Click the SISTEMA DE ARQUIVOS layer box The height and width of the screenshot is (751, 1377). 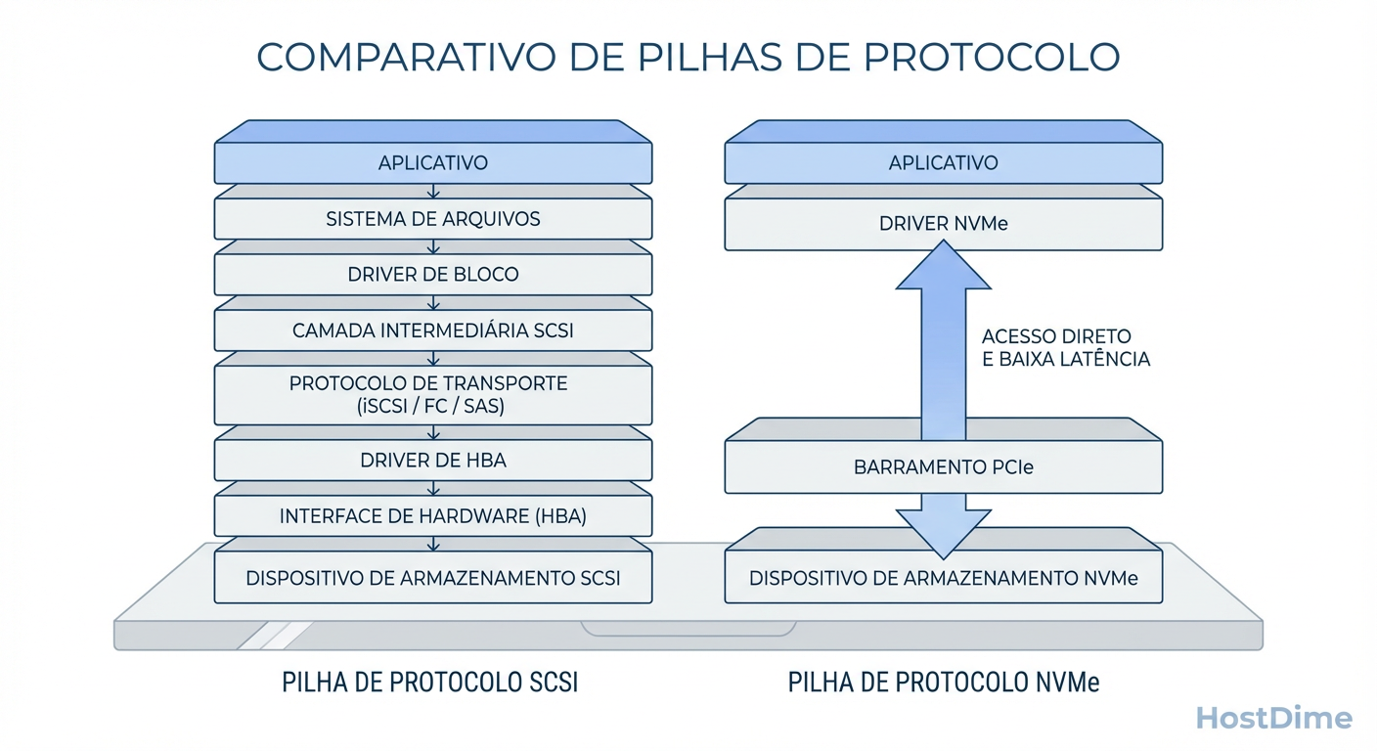click(x=432, y=219)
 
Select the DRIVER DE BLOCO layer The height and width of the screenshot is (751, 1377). click(x=432, y=275)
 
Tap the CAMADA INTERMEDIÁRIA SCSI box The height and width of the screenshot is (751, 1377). click(x=432, y=331)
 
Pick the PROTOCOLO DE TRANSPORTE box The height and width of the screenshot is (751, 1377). click(x=432, y=395)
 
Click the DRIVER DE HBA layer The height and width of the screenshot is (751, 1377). click(x=432, y=460)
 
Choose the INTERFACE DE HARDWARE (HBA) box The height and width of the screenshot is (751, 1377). click(x=432, y=516)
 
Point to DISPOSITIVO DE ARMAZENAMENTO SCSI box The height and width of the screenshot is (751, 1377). click(x=432, y=578)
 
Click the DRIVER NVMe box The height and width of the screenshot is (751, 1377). click(x=943, y=224)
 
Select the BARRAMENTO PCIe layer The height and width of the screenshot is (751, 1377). click(x=943, y=467)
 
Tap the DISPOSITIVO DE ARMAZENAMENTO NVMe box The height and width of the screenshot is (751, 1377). click(x=943, y=578)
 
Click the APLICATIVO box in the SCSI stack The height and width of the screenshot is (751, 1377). click(x=432, y=162)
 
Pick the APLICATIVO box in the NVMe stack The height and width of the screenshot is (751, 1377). click(x=943, y=162)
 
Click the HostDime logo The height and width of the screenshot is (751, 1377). click(x=1274, y=719)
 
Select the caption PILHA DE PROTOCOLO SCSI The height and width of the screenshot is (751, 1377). click(x=429, y=682)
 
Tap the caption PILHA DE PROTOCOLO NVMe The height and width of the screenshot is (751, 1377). click(x=943, y=682)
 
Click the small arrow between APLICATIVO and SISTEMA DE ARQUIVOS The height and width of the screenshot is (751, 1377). click(x=432, y=192)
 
